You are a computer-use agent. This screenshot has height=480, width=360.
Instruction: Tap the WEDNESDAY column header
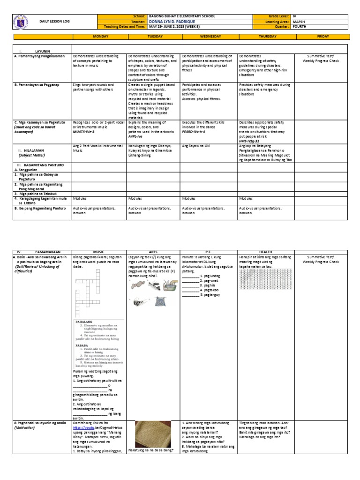pos(208,36)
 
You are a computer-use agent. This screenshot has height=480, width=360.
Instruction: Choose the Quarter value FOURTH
pos(300,27)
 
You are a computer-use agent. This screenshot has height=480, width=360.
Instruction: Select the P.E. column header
pos(208,252)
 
